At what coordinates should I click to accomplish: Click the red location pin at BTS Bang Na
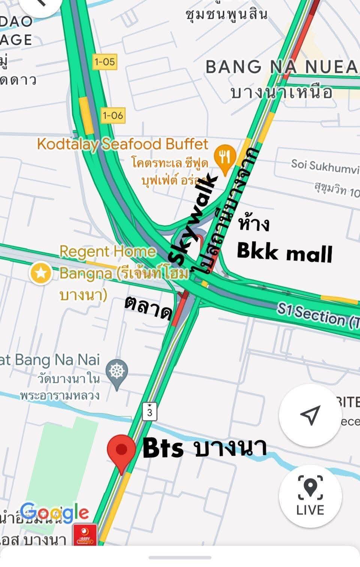tap(121, 450)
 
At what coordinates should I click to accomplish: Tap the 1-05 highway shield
tap(105, 62)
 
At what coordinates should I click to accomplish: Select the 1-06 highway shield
tap(113, 115)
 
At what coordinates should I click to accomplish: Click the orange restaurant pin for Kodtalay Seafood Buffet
tap(225, 158)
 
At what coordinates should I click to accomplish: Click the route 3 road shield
tap(150, 412)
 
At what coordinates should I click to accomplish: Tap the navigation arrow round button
tap(310, 415)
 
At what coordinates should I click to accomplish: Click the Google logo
tap(55, 513)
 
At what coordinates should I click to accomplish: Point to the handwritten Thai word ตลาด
tap(148, 308)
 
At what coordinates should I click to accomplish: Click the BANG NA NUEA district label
tap(281, 67)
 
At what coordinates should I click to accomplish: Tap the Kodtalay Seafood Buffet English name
tap(122, 144)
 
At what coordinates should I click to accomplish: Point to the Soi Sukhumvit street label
tap(325, 166)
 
